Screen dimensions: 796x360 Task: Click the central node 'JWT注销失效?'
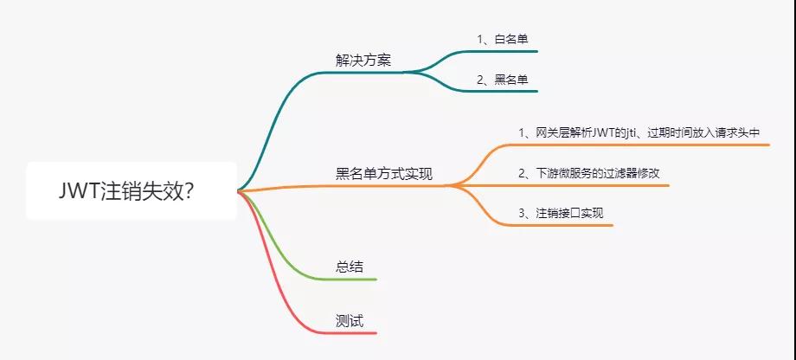pyautogui.click(x=131, y=191)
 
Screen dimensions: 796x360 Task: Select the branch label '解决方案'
pyautogui.click(x=363, y=61)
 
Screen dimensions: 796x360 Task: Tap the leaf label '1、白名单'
pyautogui.click(x=503, y=39)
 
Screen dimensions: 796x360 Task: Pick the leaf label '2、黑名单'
pyautogui.click(x=503, y=80)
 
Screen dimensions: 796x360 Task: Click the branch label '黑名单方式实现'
pyautogui.click(x=384, y=174)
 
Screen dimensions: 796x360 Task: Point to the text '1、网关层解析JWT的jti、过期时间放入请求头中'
pyautogui.click(x=639, y=133)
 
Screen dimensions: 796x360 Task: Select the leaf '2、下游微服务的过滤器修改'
pyautogui.click(x=589, y=173)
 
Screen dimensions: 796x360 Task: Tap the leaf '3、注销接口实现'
pyautogui.click(x=561, y=213)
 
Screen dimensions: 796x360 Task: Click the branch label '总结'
pyautogui.click(x=350, y=267)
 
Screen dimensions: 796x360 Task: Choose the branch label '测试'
pyautogui.click(x=350, y=321)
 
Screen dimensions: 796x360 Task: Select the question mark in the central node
pyautogui.click(x=188, y=192)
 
